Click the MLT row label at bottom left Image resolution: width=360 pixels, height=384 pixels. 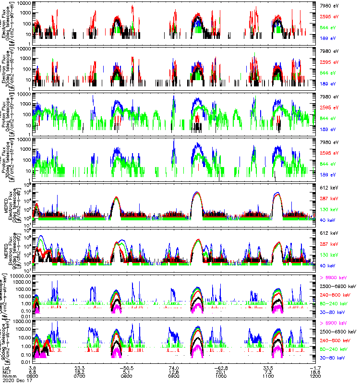click(x=6, y=372)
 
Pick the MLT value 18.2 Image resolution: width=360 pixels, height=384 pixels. click(x=80, y=372)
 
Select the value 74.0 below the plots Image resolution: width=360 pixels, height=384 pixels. click(x=174, y=367)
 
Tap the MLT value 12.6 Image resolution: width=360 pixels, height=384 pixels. click(x=174, y=372)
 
